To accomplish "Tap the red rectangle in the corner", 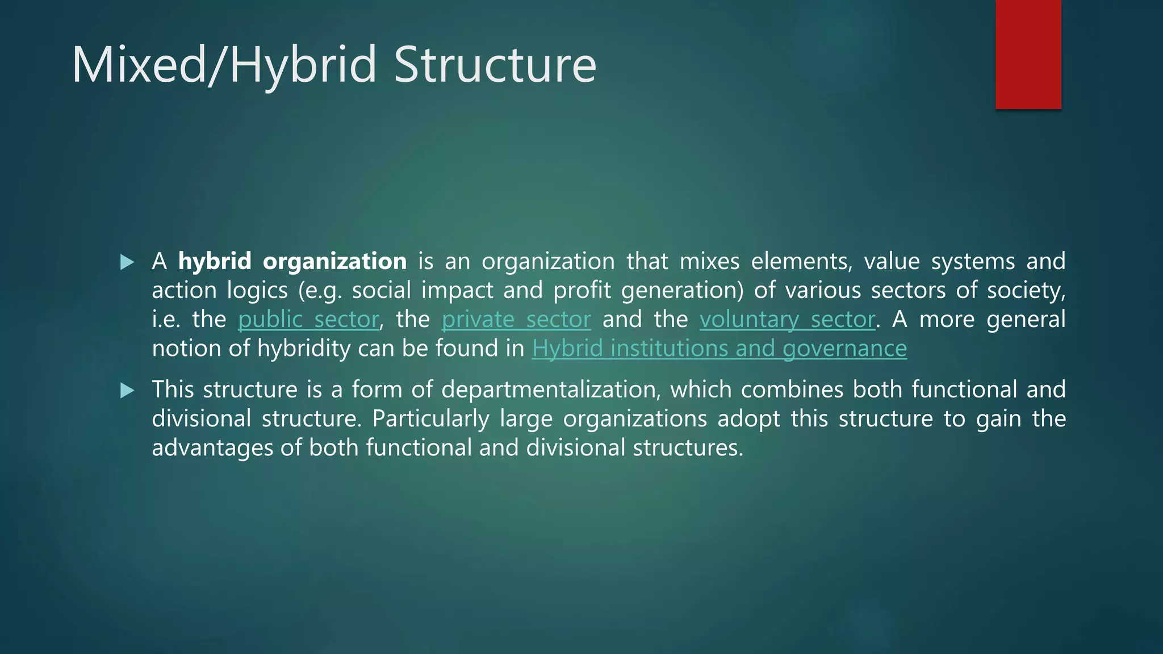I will click(1028, 54).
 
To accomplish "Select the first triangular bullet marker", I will click(127, 262).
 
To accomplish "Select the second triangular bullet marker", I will click(127, 391).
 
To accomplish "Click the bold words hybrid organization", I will click(292, 261).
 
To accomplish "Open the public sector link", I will click(308, 320).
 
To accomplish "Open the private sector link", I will click(516, 320).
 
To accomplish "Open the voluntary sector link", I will click(787, 320).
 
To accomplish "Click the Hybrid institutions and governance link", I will click(719, 349).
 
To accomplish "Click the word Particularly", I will click(430, 419).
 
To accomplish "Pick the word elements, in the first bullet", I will click(801, 261).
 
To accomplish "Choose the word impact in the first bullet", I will click(457, 291).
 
